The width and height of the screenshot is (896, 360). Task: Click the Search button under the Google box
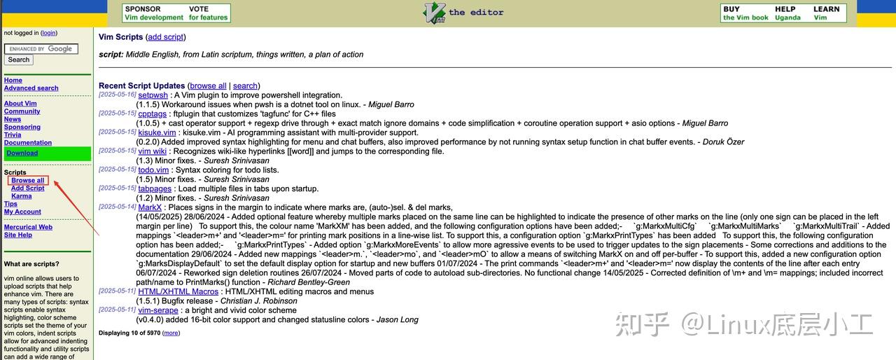tap(19, 60)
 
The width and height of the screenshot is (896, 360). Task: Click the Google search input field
tap(41, 49)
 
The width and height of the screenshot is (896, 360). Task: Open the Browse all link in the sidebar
tap(28, 181)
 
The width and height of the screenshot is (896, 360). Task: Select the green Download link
tap(22, 153)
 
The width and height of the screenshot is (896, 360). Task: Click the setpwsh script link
tap(153, 95)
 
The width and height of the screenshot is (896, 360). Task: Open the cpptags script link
tap(152, 113)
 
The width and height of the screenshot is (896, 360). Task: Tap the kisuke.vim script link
tap(157, 132)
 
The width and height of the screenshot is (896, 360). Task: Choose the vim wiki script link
tap(152, 151)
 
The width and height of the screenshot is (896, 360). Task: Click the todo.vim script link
tap(153, 169)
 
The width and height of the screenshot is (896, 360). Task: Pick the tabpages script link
tap(155, 188)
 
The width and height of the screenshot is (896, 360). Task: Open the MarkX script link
tap(150, 207)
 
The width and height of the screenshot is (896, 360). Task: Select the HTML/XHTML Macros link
tap(178, 291)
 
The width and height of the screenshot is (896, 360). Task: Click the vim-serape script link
tap(158, 310)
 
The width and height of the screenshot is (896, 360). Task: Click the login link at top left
tap(49, 33)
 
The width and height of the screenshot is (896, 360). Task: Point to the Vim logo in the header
tap(435, 13)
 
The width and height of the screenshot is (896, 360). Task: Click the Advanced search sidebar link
tap(31, 88)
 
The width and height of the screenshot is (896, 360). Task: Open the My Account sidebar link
tap(22, 212)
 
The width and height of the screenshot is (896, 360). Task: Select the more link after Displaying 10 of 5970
tap(171, 333)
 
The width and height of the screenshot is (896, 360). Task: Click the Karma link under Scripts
tap(22, 196)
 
